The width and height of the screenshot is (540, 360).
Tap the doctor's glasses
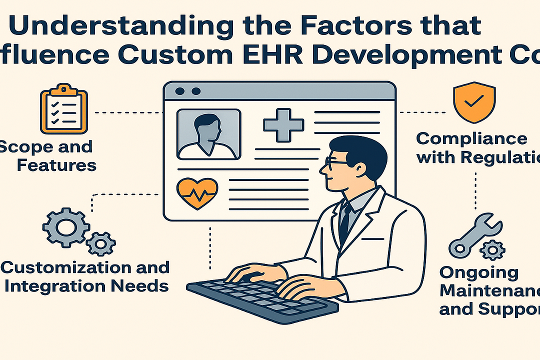tap(336, 161)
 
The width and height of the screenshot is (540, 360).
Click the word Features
tap(56, 165)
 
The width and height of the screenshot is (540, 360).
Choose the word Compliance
tap(471, 138)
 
